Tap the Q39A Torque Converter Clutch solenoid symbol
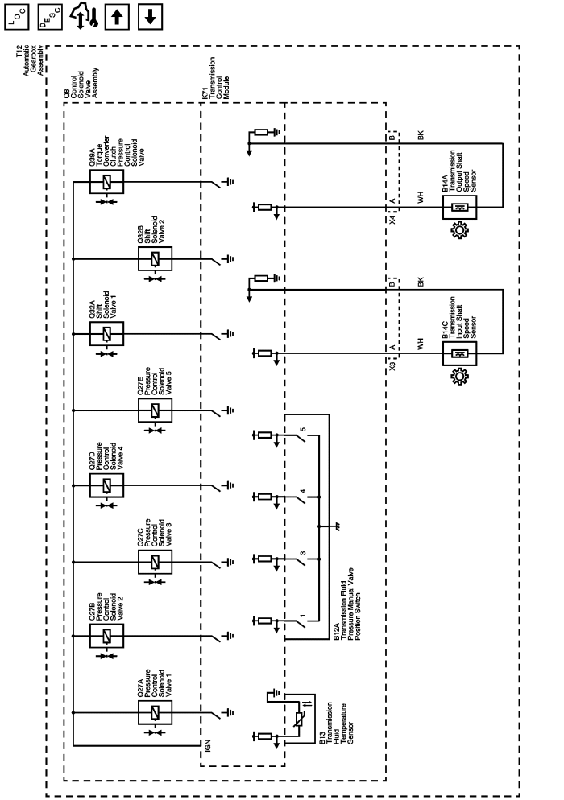pyautogui.click(x=106, y=183)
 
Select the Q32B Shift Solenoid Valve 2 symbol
pyautogui.click(x=155, y=259)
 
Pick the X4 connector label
pyautogui.click(x=392, y=220)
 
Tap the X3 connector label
pyautogui.click(x=392, y=365)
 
